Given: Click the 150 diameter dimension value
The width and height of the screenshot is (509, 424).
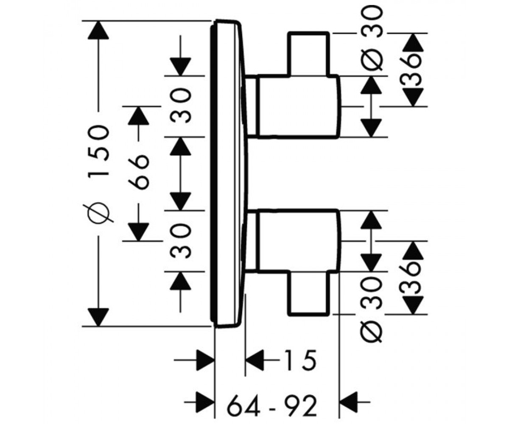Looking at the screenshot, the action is (98, 151).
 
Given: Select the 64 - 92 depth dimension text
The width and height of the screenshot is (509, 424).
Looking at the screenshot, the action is (272, 407).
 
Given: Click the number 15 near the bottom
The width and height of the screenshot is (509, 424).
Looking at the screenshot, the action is (300, 360).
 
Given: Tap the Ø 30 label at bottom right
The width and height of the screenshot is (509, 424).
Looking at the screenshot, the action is (371, 311).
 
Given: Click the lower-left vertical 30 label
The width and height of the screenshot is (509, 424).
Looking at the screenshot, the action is (180, 241).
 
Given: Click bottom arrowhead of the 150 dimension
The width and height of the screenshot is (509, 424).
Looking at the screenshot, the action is (98, 317).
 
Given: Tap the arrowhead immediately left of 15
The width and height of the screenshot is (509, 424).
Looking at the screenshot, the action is (255, 360).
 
